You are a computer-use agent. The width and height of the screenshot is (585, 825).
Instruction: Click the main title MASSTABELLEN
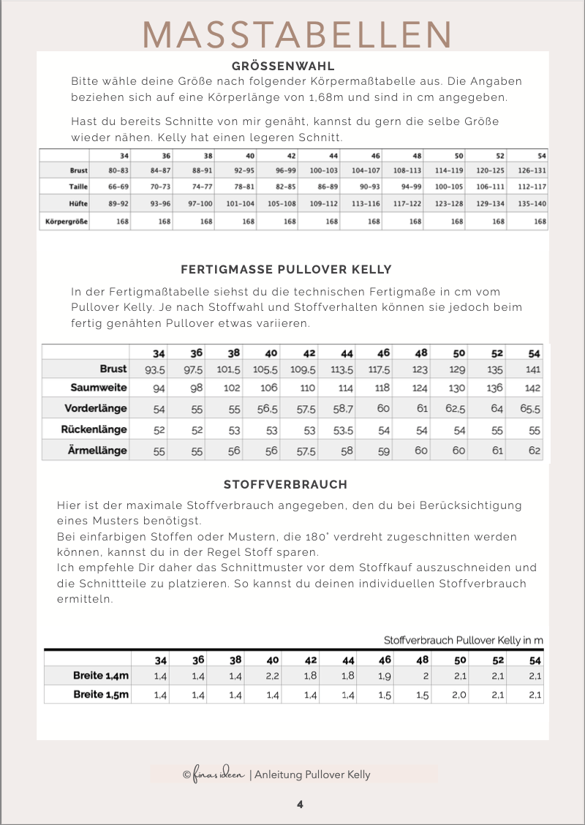click(x=296, y=34)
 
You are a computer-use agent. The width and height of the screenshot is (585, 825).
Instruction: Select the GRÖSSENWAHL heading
click(x=282, y=66)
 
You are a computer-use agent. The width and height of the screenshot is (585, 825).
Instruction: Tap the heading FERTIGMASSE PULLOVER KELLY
click(x=286, y=269)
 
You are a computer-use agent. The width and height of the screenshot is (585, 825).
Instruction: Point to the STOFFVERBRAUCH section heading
click(x=285, y=484)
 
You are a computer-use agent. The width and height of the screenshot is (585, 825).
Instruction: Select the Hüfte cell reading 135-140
click(x=532, y=203)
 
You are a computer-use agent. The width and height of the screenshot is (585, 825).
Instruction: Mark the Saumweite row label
click(x=99, y=388)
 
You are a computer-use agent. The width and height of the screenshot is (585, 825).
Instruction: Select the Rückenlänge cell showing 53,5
click(x=341, y=430)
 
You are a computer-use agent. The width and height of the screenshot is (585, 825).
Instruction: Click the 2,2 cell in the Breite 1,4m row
click(x=273, y=676)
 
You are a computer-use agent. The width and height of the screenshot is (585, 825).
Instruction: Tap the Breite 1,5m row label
click(x=101, y=694)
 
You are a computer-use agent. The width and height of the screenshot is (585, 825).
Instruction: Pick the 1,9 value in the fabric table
click(x=385, y=676)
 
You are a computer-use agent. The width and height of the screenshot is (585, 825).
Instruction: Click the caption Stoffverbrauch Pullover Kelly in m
click(x=464, y=641)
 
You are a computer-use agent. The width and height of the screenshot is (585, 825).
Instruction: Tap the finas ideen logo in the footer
click(x=215, y=775)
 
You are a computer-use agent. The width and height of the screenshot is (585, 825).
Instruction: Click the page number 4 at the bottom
click(x=300, y=805)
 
